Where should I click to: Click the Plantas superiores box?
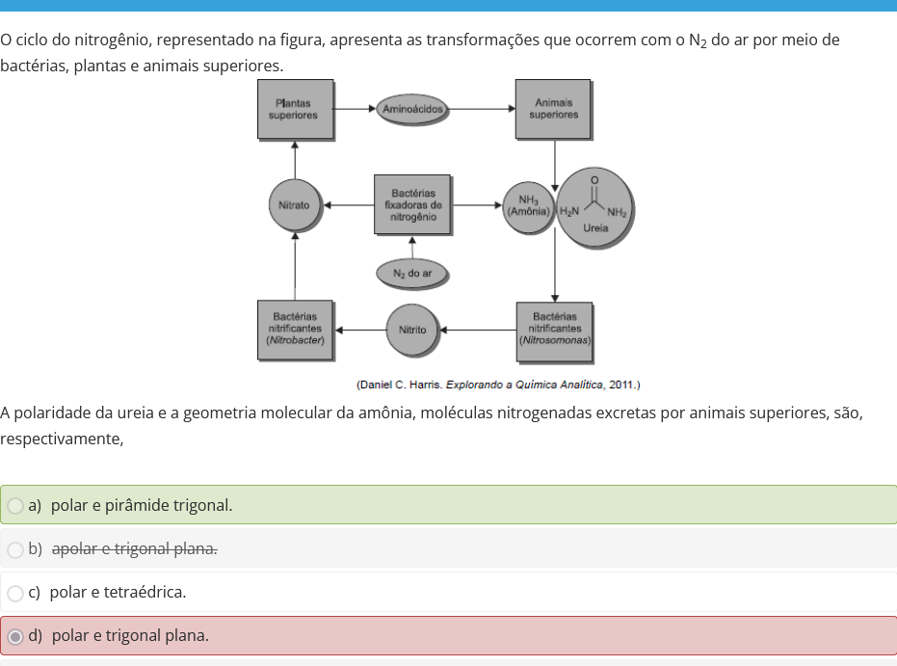point(295,109)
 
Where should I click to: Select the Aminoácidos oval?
point(412,109)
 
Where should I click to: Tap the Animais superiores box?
point(553,109)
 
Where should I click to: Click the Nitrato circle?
point(295,205)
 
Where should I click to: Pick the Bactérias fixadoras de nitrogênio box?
point(412,205)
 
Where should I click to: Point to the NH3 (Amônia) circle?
point(529,206)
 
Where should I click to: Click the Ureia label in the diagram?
point(595,227)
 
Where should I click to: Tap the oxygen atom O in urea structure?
point(594,179)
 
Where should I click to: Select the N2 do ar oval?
point(412,274)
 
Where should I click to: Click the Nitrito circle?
point(412,331)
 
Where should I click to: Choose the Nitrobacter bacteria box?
point(295,331)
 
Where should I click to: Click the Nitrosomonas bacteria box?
point(554,333)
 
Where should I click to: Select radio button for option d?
point(15,636)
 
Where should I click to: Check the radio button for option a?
point(15,506)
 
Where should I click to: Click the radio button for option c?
point(15,594)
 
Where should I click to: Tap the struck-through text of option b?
point(135,548)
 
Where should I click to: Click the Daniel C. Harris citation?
point(498,385)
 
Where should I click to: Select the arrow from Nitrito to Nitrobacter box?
point(361,331)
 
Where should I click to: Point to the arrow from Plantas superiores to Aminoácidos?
point(355,109)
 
